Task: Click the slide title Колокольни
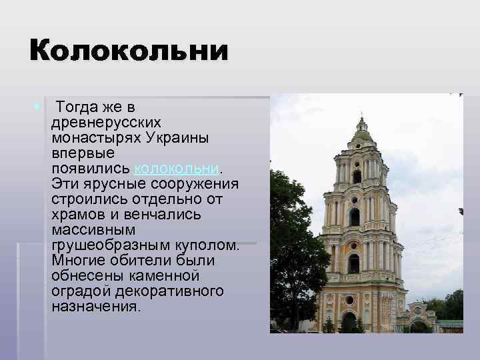point(128,51)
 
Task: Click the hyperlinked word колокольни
point(176,168)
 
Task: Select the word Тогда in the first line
point(79,107)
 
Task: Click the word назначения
point(95,307)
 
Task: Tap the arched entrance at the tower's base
point(348,323)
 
